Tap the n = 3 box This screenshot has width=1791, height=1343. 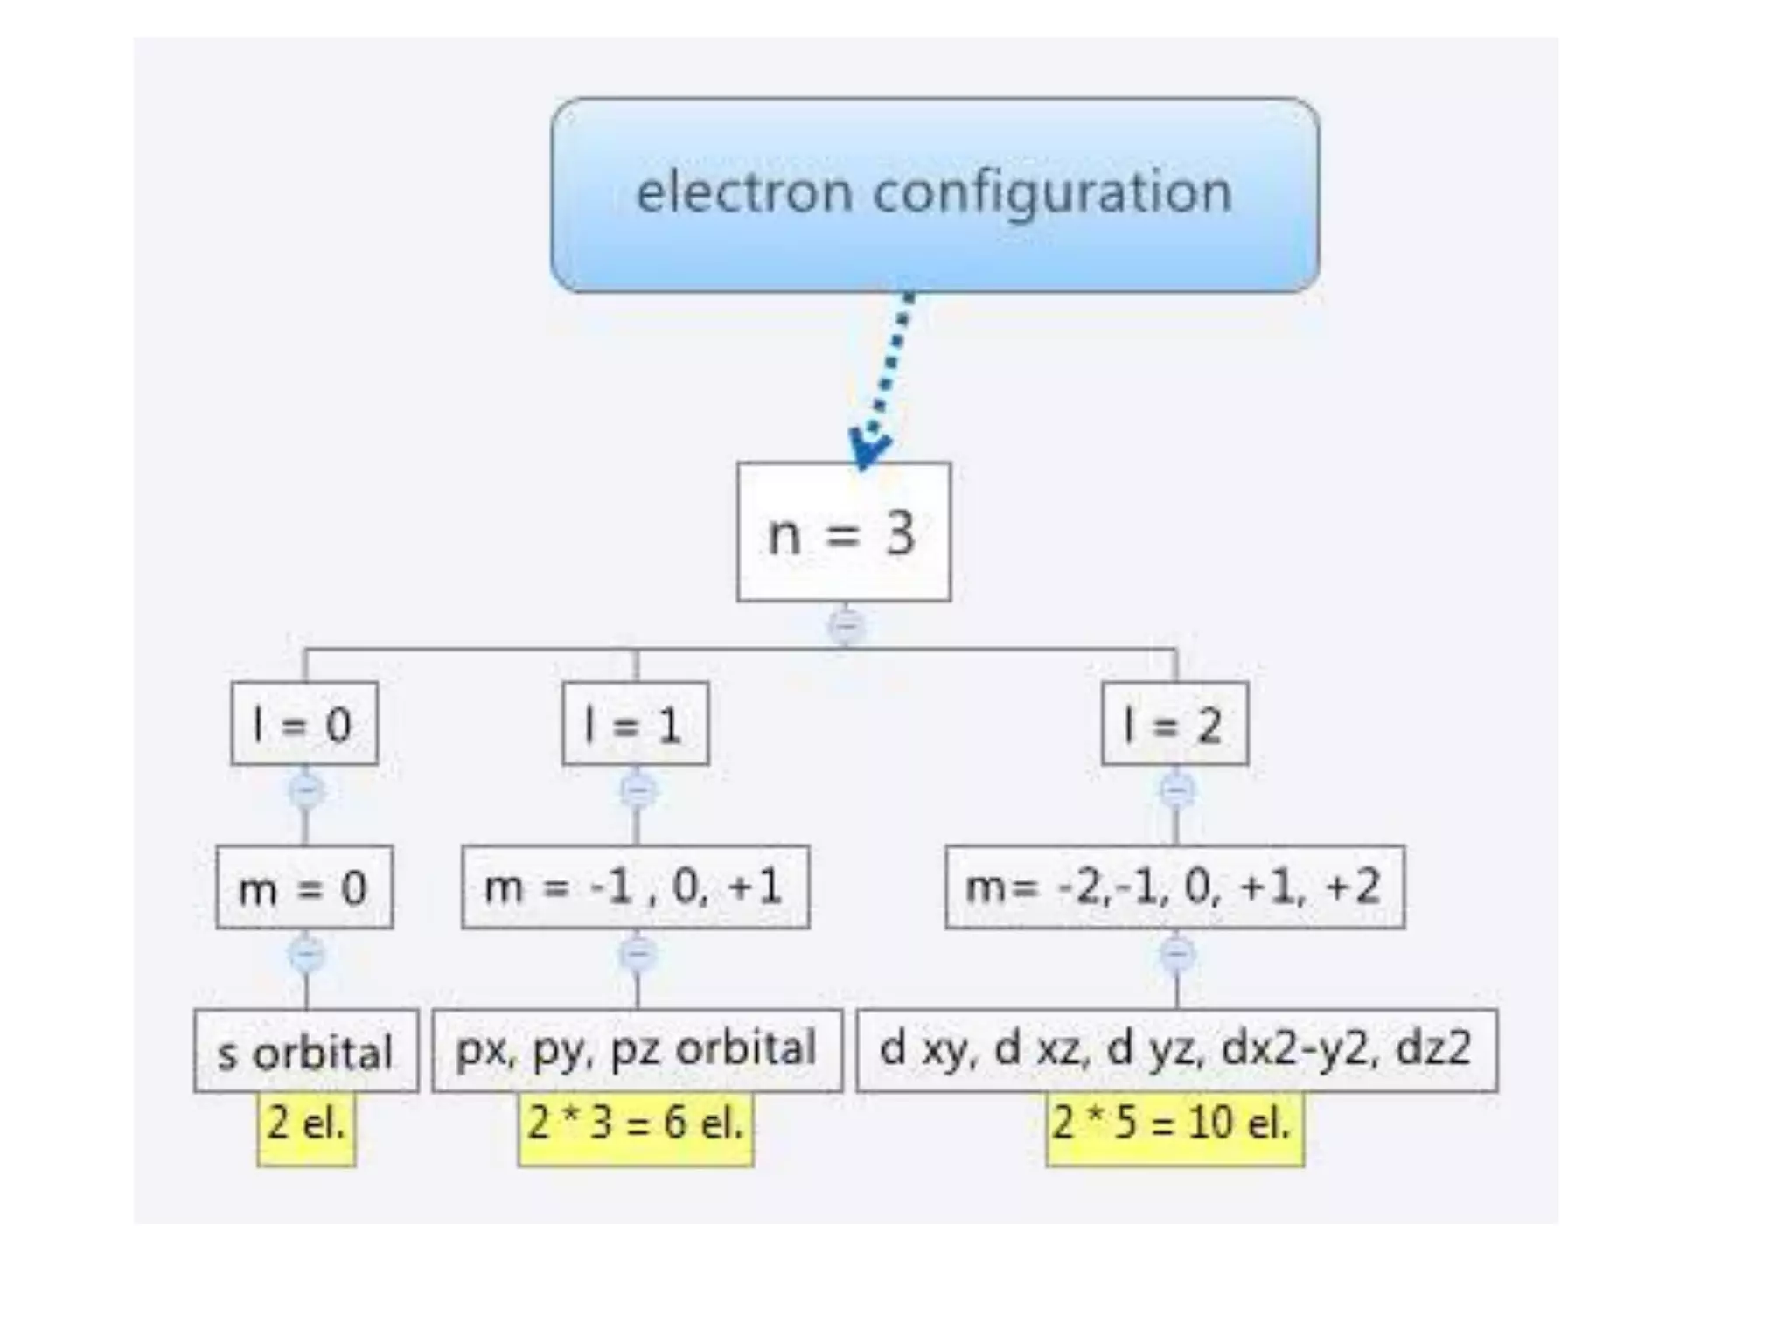point(843,532)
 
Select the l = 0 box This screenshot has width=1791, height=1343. point(304,724)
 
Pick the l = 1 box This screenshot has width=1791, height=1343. point(635,724)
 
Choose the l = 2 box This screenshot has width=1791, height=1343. point(1174,724)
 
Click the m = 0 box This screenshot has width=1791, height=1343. point(304,887)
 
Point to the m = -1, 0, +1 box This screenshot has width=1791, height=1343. point(635,887)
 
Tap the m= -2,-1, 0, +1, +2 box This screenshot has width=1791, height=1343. point(1174,887)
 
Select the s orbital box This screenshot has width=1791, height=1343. point(306,1051)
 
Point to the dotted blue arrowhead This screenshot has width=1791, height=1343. point(868,448)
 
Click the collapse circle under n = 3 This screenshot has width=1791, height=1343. point(846,626)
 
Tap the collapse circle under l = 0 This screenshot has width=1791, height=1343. point(306,791)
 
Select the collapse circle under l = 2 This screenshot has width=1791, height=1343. point(1177,791)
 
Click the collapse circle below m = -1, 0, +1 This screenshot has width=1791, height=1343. point(638,954)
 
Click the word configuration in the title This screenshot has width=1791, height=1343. point(1052,194)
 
